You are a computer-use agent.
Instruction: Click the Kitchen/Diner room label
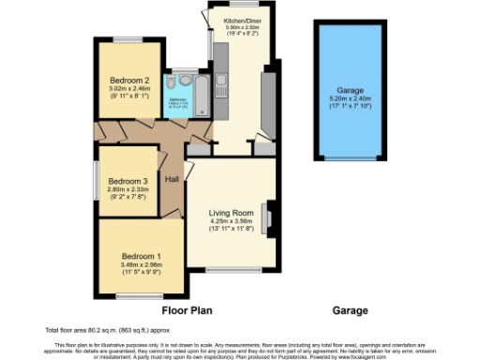pyautogui.click(x=234, y=18)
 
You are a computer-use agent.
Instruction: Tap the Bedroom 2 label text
pyautogui.click(x=127, y=80)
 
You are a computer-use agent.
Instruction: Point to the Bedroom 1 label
pyautogui.click(x=142, y=256)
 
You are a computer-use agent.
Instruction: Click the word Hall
pyautogui.click(x=172, y=179)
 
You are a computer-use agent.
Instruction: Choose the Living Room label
pyautogui.click(x=231, y=214)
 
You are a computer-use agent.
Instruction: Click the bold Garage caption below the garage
pyautogui.click(x=349, y=309)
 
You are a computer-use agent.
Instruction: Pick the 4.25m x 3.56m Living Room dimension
pyautogui.click(x=231, y=222)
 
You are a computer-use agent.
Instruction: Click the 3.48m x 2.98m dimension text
pyautogui.click(x=142, y=264)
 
